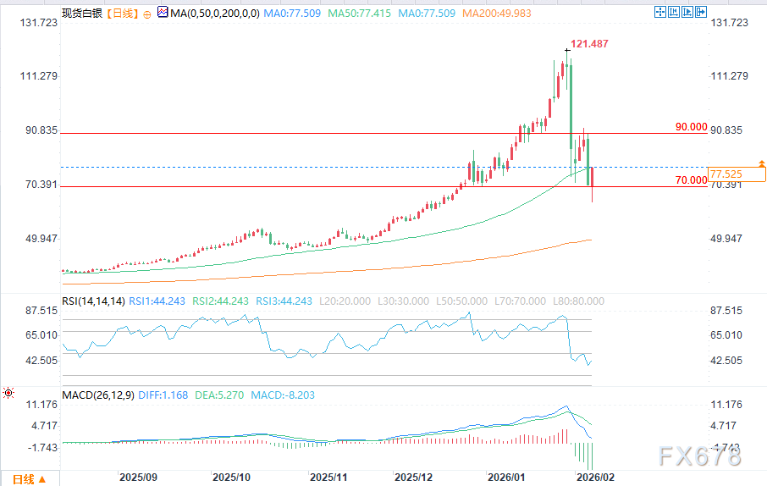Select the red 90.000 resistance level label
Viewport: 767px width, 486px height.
point(690,127)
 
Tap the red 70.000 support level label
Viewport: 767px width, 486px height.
point(690,180)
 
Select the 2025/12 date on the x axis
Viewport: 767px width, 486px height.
point(414,478)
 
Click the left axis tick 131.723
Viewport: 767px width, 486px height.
point(37,23)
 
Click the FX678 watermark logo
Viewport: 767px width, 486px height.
point(699,457)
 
